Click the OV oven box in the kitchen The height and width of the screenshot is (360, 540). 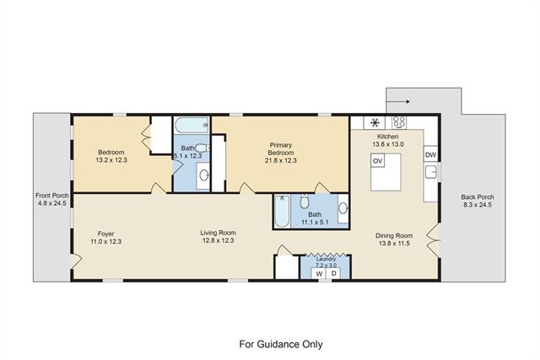pyautogui.click(x=377, y=161)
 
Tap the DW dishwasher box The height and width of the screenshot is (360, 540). pyautogui.click(x=430, y=154)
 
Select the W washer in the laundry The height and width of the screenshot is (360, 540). pyautogui.click(x=319, y=274)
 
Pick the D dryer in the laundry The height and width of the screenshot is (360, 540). pyautogui.click(x=334, y=274)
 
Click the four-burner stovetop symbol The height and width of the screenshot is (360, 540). pyautogui.click(x=399, y=122)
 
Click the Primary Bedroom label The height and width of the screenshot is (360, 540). pyautogui.click(x=281, y=148)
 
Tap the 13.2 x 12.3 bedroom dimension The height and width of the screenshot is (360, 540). pyautogui.click(x=111, y=159)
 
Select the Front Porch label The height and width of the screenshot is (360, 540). pyautogui.click(x=52, y=196)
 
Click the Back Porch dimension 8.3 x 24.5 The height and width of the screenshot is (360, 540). pyautogui.click(x=478, y=204)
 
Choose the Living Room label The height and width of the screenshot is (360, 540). pyautogui.click(x=218, y=233)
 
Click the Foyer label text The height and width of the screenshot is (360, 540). pyautogui.click(x=105, y=234)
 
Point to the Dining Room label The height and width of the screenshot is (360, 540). pyautogui.click(x=394, y=236)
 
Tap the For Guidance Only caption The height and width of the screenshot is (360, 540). pyautogui.click(x=281, y=344)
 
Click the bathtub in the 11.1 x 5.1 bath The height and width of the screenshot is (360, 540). pyautogui.click(x=283, y=211)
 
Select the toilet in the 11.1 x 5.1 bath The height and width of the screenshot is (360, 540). pyautogui.click(x=304, y=201)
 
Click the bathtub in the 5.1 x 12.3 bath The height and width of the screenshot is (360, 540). pyautogui.click(x=192, y=125)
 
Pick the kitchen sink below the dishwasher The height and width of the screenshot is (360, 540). pyautogui.click(x=431, y=172)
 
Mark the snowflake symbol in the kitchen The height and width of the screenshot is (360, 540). pyautogui.click(x=375, y=122)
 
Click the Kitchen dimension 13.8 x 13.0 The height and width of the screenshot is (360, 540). pyautogui.click(x=388, y=144)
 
